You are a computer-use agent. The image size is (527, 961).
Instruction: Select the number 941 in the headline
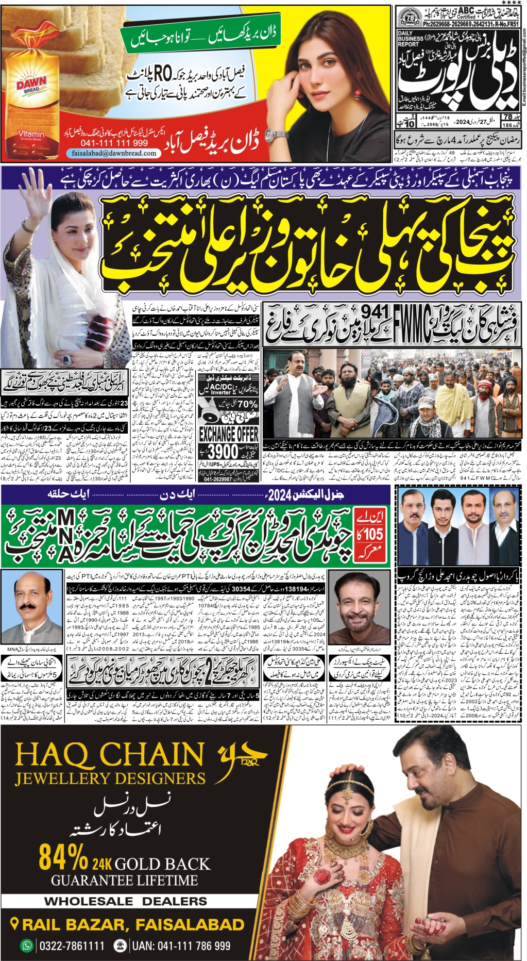click(375, 311)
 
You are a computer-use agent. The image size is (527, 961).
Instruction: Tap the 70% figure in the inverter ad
click(247, 404)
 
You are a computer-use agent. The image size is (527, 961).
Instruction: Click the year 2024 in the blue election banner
click(280, 495)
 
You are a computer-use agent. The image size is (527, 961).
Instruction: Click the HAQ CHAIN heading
click(110, 755)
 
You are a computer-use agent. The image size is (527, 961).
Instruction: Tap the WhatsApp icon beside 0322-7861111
click(26, 946)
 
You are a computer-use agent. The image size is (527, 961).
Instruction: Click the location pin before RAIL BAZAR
click(15, 924)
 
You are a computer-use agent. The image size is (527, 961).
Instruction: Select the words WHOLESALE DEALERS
click(126, 901)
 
